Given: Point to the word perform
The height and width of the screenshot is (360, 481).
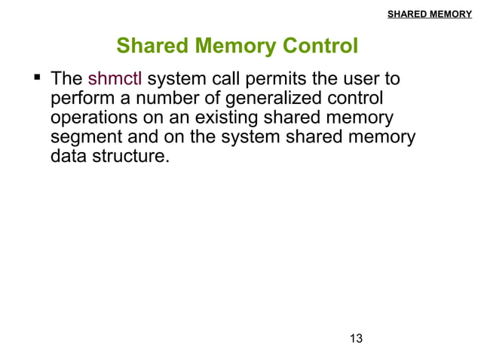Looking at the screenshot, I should [x=79, y=99].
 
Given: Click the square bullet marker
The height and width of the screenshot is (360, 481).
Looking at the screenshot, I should [x=35, y=78].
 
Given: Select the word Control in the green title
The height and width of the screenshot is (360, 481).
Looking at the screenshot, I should [x=318, y=47].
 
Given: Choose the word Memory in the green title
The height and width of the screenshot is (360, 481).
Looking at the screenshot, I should [x=234, y=47].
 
